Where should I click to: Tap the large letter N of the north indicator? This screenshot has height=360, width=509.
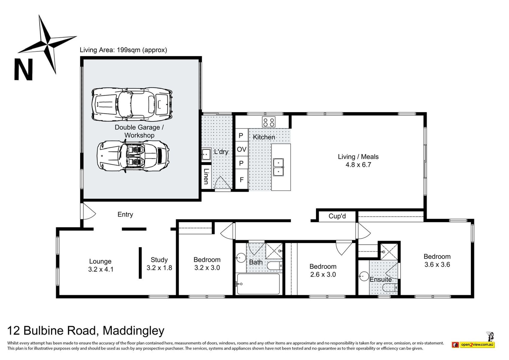[x=23, y=69]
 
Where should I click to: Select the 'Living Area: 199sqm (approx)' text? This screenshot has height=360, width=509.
[x=123, y=50]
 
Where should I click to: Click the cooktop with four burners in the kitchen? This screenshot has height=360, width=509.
[x=269, y=122]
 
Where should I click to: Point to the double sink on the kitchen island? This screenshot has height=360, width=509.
[x=278, y=167]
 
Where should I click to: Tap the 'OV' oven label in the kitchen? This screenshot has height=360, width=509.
[x=242, y=149]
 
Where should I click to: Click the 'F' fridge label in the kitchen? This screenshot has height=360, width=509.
[x=242, y=180]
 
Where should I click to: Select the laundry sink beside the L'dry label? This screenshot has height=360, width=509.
[x=206, y=154]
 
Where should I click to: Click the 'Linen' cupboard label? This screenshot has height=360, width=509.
[x=206, y=176]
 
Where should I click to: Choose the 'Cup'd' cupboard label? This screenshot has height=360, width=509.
[x=337, y=216]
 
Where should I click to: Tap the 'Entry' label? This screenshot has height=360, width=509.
[x=125, y=214]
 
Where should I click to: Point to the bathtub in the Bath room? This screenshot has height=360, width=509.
[x=258, y=284]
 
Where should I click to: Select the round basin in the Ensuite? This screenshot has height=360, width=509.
[x=364, y=276]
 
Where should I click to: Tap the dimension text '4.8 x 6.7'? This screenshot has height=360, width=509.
[x=358, y=165]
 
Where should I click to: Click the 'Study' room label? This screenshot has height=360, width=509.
[x=159, y=260]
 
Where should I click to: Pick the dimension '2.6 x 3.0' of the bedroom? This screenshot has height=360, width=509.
[x=323, y=274]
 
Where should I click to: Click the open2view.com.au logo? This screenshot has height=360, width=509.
[x=473, y=344]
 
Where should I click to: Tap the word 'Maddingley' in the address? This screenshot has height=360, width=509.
[x=134, y=331]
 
